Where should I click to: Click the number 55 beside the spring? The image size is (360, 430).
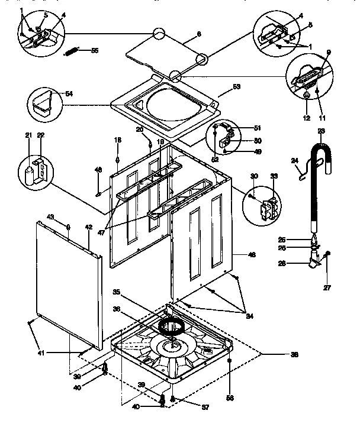(95, 51)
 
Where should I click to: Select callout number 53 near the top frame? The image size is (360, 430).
(236, 87)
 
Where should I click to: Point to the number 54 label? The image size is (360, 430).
(69, 94)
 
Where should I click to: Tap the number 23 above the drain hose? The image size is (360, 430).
(321, 131)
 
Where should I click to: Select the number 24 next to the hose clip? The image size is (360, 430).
(295, 160)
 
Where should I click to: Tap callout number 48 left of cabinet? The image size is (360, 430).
(99, 170)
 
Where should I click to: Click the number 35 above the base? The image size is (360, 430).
(117, 291)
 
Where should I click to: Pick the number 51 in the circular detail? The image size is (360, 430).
(257, 128)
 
